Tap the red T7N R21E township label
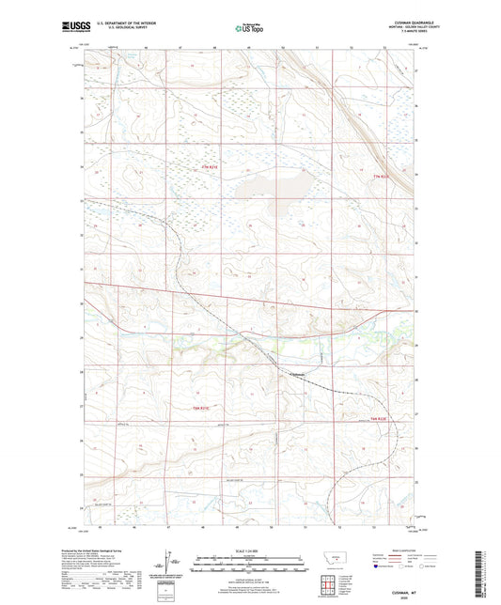coord(214,168)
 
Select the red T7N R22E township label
coord(379,177)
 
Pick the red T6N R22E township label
coord(379,417)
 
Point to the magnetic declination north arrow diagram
coord(173,565)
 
